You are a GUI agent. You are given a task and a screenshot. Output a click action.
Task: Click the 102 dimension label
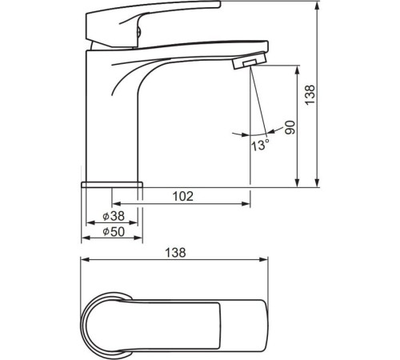(183, 196)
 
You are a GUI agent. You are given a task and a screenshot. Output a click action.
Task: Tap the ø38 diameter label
(114, 216)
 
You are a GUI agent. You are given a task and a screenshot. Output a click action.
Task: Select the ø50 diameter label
(114, 231)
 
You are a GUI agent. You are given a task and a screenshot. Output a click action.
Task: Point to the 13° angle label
(260, 146)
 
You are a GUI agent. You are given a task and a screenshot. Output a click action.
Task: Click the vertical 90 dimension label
(290, 127)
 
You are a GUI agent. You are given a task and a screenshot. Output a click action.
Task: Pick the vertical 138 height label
(310, 95)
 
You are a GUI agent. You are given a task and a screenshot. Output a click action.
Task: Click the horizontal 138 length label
(175, 253)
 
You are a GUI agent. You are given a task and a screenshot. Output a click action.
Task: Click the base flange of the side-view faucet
(112, 185)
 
